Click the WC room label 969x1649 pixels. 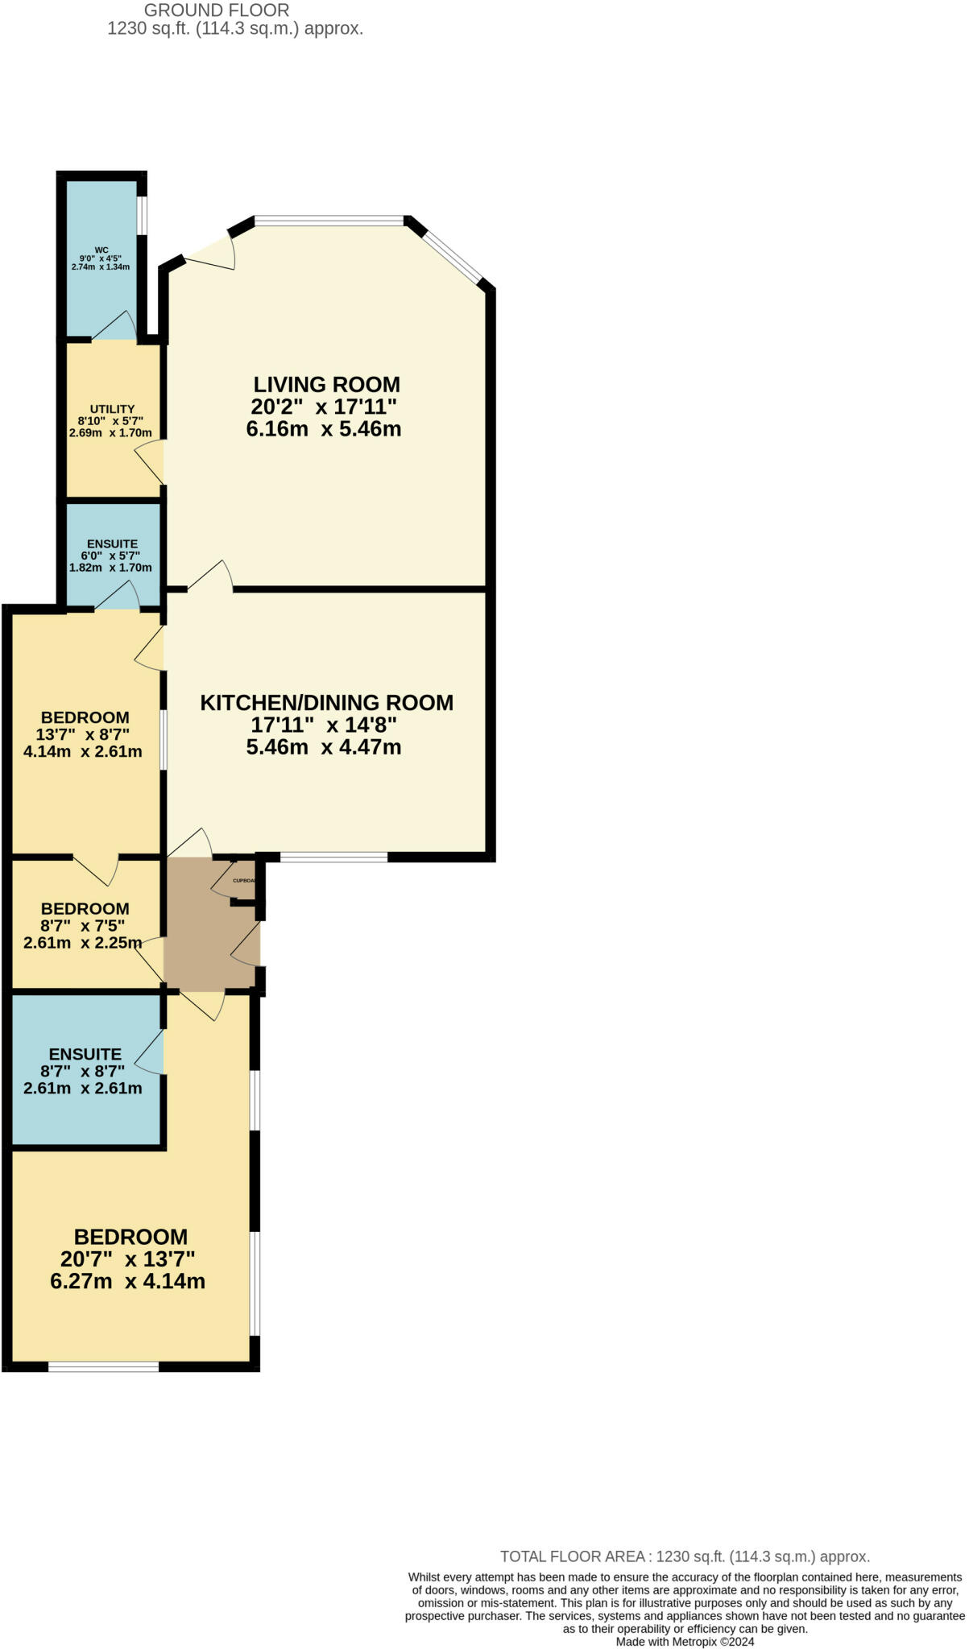[x=101, y=250]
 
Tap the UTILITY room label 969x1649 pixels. [x=112, y=409]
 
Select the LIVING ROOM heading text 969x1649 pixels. [x=326, y=384]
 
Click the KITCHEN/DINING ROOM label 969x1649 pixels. [x=326, y=703]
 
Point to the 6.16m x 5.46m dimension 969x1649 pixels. [x=324, y=429]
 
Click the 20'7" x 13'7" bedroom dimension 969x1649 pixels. [x=128, y=1258]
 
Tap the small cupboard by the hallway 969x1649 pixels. [x=242, y=881]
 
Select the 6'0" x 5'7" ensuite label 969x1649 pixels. [x=112, y=556]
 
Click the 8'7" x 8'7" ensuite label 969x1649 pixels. [x=85, y=1072]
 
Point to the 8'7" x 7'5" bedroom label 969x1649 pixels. [x=83, y=926]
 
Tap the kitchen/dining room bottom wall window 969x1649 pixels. [x=333, y=858]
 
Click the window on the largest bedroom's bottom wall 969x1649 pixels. [x=103, y=1366]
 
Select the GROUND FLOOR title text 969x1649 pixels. [x=216, y=10]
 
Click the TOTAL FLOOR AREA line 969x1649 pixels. [x=685, y=1556]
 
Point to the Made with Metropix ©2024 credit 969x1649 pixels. [x=685, y=1641]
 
